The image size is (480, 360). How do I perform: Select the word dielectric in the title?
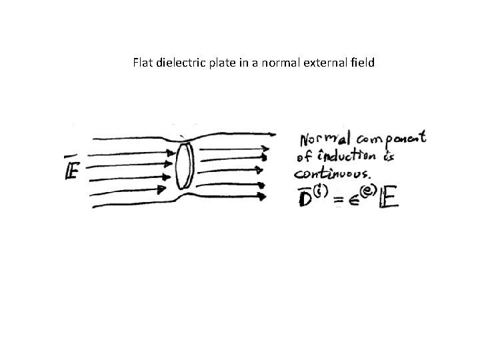click(178, 64)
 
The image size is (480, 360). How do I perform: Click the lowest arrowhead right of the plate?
click(263, 196)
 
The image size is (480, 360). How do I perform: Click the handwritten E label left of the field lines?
click(72, 171)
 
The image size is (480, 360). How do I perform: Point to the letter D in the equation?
click(305, 198)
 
